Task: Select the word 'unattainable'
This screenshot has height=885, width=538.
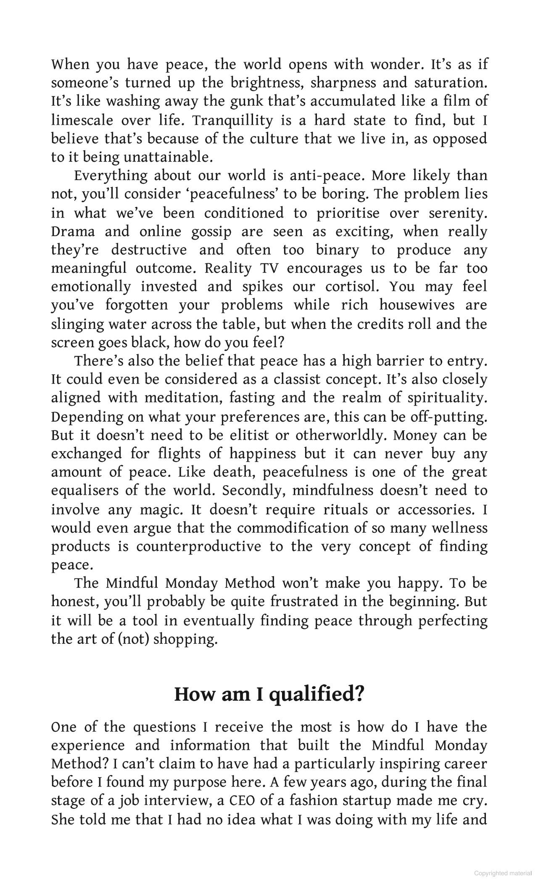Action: coord(168,157)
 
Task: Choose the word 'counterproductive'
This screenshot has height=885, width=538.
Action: coord(199,546)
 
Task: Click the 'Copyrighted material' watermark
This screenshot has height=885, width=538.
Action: coord(503,873)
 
